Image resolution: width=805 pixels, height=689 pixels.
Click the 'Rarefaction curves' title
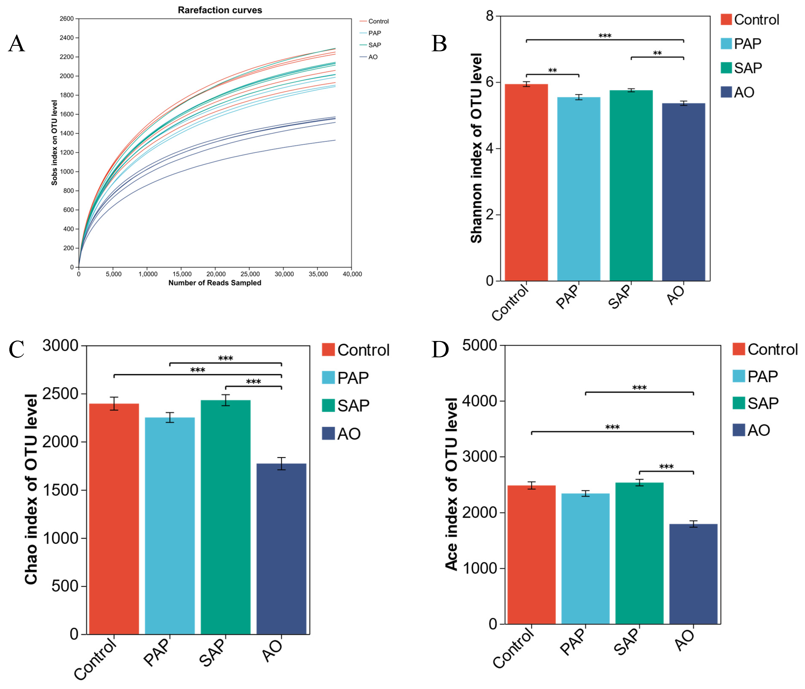pos(220,10)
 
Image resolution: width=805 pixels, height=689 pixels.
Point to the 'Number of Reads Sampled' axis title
pos(215,283)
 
